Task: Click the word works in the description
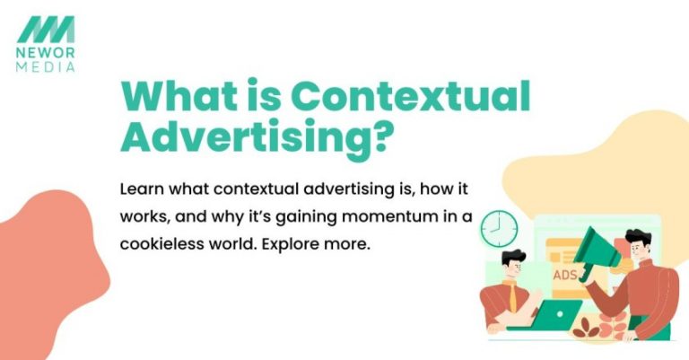tap(144, 218)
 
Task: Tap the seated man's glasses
tap(514, 267)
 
